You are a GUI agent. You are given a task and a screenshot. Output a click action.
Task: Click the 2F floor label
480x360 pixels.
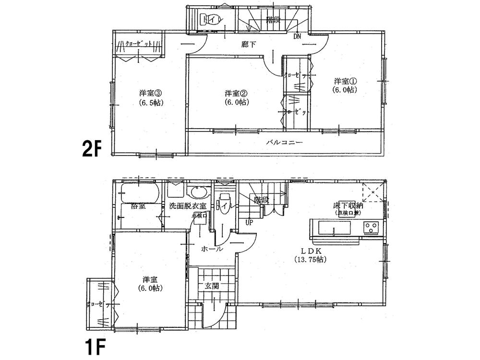coord(91,150)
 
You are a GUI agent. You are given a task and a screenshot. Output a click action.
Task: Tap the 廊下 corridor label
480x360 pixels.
coord(248,44)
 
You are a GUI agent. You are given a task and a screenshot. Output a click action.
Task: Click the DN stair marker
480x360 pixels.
coord(298,36)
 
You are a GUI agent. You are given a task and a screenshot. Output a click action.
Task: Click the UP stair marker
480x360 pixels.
coord(249,222)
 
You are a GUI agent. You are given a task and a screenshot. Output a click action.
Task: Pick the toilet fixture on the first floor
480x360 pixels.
coord(225,203)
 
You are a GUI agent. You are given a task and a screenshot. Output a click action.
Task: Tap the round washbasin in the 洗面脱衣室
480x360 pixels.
coord(198,192)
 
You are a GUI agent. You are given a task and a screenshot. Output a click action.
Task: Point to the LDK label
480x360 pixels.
coord(311,251)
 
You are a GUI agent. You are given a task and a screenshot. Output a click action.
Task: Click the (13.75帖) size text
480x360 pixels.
coord(311,260)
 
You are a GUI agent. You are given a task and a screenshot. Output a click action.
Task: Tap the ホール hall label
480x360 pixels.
coord(211,250)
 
